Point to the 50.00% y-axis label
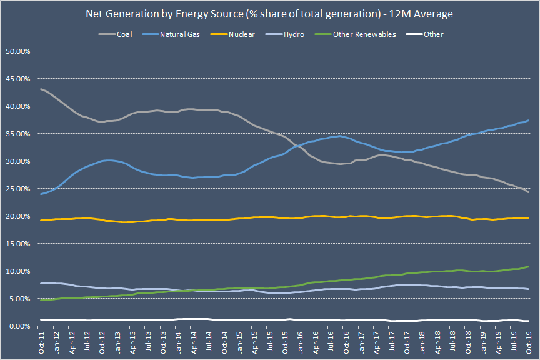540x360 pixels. coord(18,51)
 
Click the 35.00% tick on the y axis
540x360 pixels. coord(18,134)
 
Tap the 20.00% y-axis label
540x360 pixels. coord(18,216)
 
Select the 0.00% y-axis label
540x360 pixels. coord(19,326)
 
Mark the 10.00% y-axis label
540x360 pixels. coord(18,271)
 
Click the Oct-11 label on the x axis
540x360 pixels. coord(41,342)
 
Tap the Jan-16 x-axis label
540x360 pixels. coord(301,342)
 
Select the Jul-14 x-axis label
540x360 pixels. coord(209,342)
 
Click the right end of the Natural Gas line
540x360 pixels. coord(529,121)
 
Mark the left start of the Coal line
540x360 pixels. coord(41,89)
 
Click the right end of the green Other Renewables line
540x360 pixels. coord(529,267)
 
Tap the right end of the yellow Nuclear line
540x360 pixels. coord(529,217)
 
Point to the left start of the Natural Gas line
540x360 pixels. coord(41,194)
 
